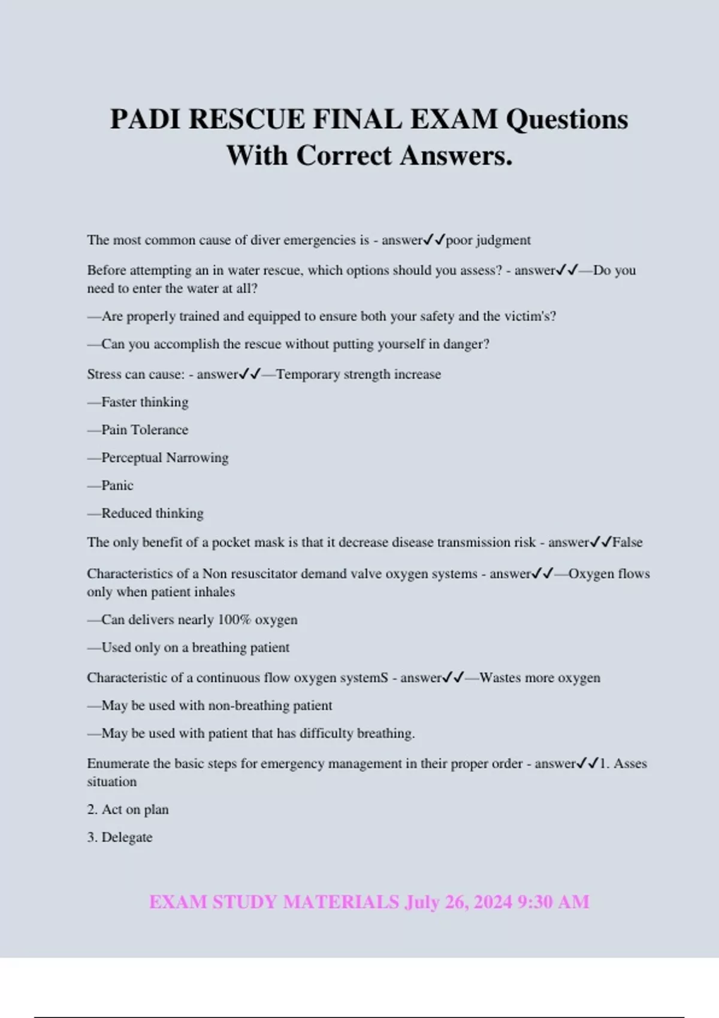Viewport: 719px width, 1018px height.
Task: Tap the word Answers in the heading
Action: coord(456,156)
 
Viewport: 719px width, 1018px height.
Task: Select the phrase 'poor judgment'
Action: coord(488,240)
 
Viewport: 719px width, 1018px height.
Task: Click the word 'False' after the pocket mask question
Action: coord(627,543)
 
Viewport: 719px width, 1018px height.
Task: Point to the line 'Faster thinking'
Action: coord(144,402)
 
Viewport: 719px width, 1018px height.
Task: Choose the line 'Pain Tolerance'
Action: coord(144,430)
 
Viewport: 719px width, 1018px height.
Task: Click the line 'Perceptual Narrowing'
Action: coord(165,458)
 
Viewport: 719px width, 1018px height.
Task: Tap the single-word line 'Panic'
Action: coord(117,486)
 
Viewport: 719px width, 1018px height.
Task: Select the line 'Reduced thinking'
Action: coord(152,513)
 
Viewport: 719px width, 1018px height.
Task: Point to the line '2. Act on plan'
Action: coord(128,810)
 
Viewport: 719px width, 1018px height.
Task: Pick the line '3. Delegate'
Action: coord(120,837)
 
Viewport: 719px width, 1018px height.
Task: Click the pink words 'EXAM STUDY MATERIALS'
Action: coord(274,902)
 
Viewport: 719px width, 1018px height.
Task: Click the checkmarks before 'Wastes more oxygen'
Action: coord(453,678)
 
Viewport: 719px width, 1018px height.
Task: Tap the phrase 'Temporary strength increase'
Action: coord(358,374)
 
